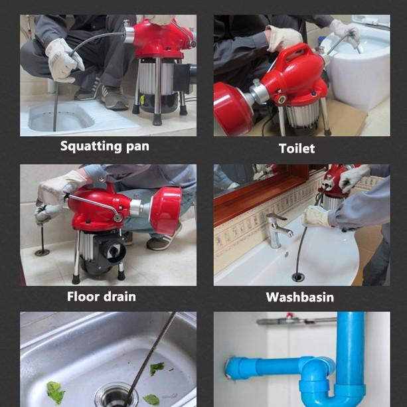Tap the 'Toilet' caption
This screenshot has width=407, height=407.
point(297,148)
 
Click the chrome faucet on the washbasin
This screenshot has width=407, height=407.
point(279,229)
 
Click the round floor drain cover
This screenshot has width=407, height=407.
point(42,252)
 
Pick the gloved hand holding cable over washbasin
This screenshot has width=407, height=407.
point(317,216)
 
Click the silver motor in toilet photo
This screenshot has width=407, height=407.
point(299,117)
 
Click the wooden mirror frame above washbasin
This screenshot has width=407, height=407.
point(266,193)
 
